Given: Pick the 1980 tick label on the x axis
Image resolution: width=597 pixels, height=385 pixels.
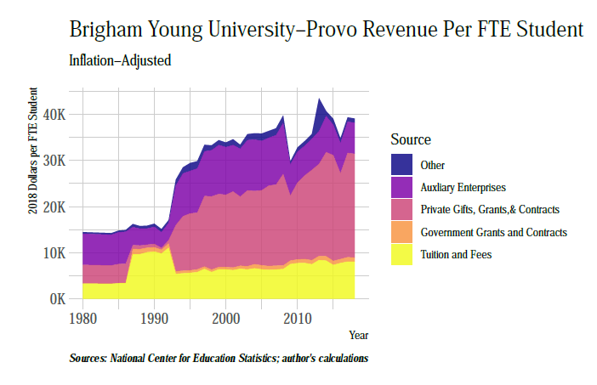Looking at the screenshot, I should coord(82,319).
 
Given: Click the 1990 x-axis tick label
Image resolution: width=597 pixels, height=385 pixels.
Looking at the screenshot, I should coord(154,319).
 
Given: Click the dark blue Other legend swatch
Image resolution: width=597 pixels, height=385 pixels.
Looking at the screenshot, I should coord(401,165).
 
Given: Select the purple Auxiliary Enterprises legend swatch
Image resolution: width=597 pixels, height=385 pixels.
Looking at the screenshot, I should coord(401,187).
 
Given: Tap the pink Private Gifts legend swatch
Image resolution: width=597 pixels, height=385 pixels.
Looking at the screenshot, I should coord(401,209).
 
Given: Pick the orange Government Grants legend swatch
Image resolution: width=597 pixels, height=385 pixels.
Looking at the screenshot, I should coord(401,231).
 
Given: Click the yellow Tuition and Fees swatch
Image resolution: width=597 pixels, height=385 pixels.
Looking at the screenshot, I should coord(401,253).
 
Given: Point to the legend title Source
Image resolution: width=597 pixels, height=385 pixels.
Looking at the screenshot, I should coord(411,139).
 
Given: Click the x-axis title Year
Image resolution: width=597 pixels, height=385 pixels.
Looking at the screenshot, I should coord(358,336).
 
